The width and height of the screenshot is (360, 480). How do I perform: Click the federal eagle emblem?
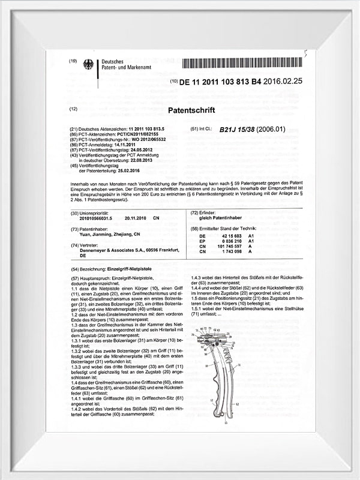tap(89, 65)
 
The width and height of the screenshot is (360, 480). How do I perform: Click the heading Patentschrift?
tap(191, 110)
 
